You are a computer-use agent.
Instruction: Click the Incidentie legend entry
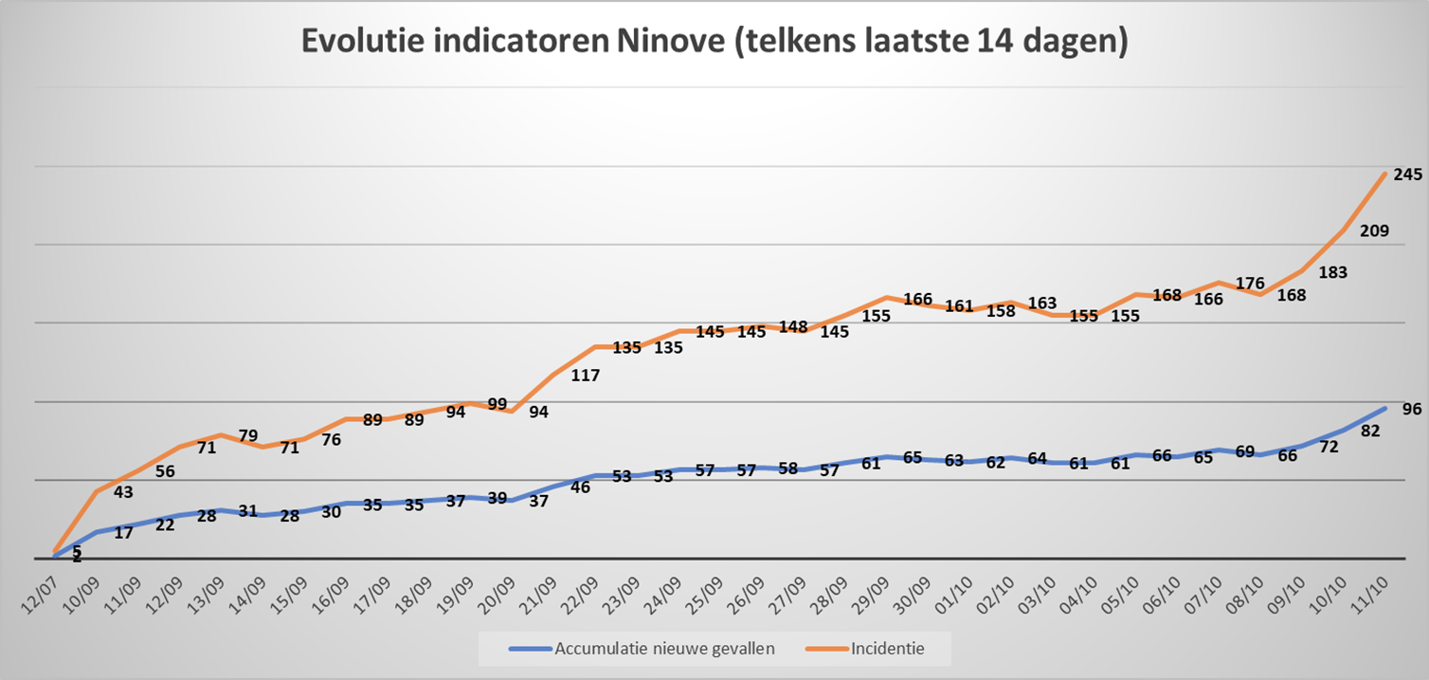click(887, 650)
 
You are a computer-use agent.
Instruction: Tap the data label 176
click(1251, 283)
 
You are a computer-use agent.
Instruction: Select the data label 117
click(586, 376)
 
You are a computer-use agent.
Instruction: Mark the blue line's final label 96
click(1412, 410)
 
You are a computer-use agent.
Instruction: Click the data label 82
click(1369, 432)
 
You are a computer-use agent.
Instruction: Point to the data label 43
click(123, 492)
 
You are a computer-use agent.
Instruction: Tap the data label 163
click(1041, 303)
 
